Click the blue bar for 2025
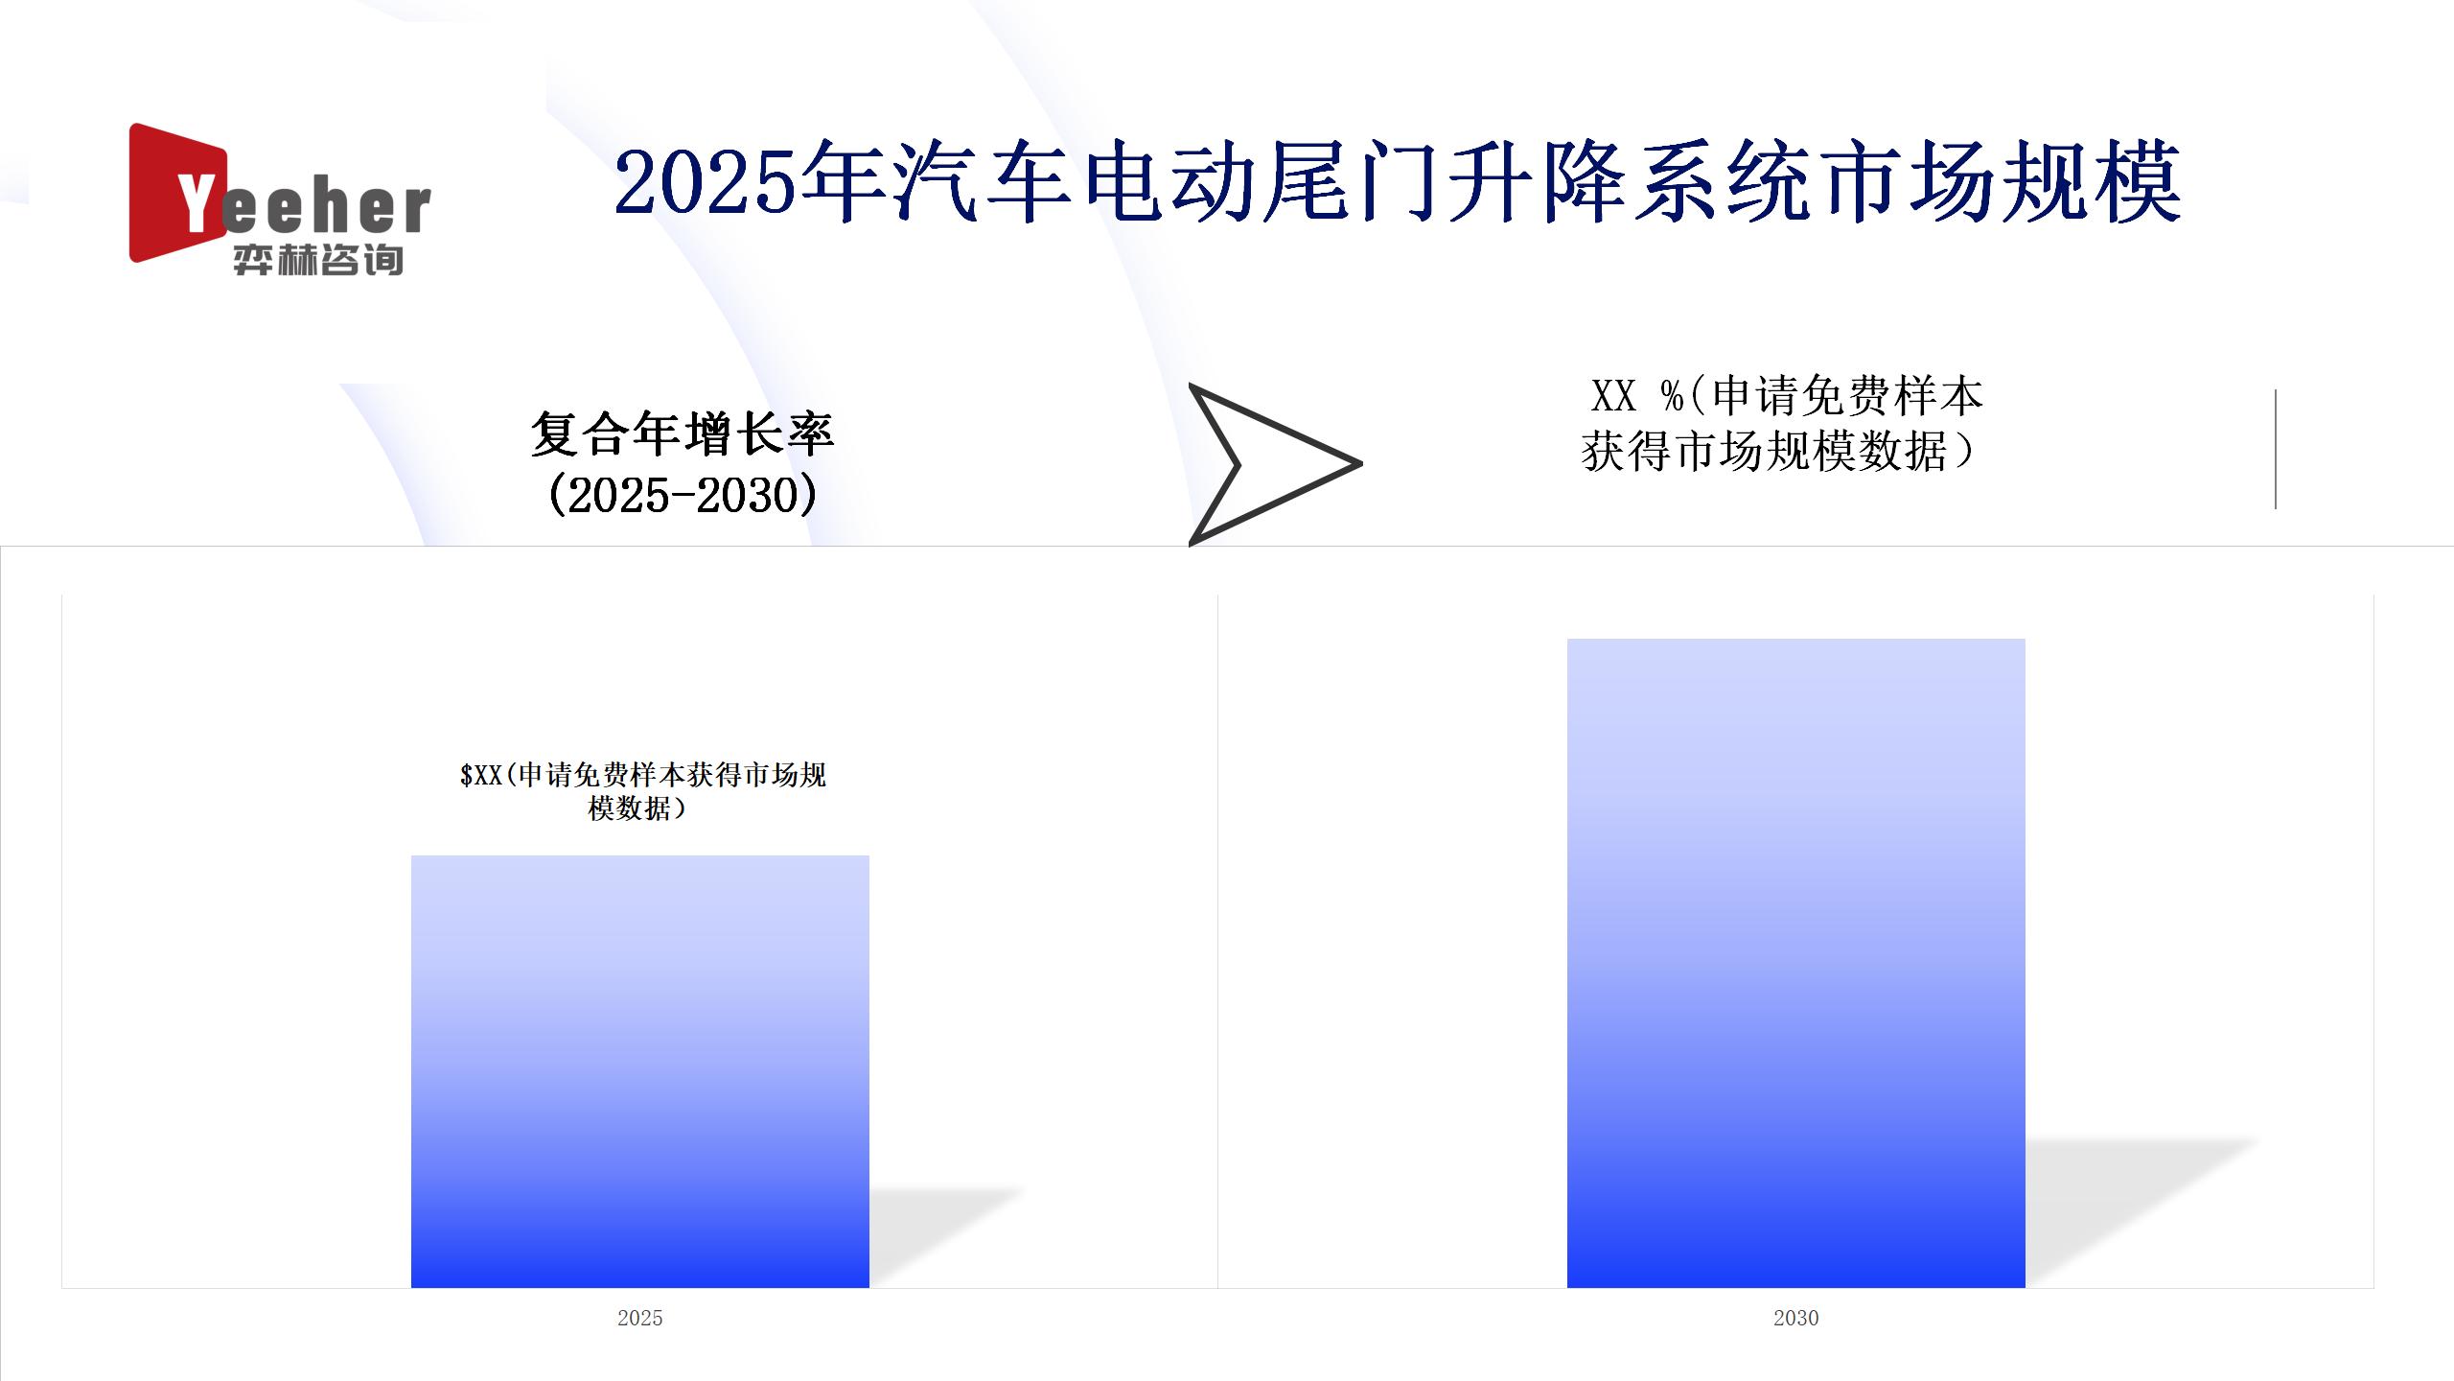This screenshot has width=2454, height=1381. pos(640,1071)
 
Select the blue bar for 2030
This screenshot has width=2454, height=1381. pos(1795,963)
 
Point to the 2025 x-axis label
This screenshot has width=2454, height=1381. pos(640,1318)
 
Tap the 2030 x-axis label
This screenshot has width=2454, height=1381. pos(1795,1318)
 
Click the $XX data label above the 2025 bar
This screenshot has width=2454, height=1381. pos(642,791)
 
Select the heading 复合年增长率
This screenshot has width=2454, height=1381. pos(683,433)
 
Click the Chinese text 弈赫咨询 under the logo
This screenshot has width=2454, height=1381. pos(317,260)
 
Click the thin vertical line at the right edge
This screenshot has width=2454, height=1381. pos(2275,449)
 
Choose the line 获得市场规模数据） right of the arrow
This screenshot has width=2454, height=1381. pos(1779,451)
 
